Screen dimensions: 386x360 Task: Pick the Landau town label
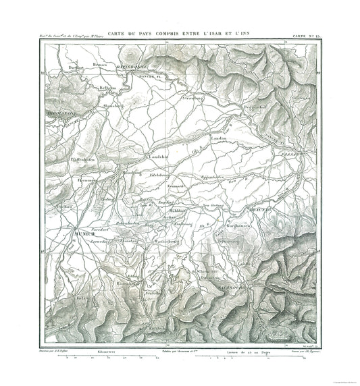[222, 138]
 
